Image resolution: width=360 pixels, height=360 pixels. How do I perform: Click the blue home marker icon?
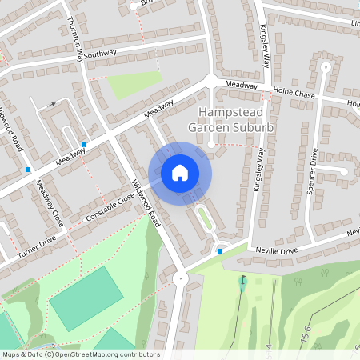pyautogui.click(x=180, y=173)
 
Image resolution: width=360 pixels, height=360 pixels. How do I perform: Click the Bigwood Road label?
pyautogui.click(x=13, y=129)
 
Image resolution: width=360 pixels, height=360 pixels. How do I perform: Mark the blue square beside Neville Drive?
pyautogui.click(x=220, y=250)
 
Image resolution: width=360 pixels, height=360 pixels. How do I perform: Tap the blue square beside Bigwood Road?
pyautogui.click(x=28, y=170)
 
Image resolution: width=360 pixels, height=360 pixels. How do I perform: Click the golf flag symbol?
pyautogui.click(x=243, y=281)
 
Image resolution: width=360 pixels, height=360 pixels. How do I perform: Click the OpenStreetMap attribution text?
pyautogui.click(x=80, y=354)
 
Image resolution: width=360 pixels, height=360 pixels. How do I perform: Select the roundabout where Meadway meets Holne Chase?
pyautogui.click(x=211, y=80)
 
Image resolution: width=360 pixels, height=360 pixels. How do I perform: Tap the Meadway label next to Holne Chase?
pyautogui.click(x=241, y=86)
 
